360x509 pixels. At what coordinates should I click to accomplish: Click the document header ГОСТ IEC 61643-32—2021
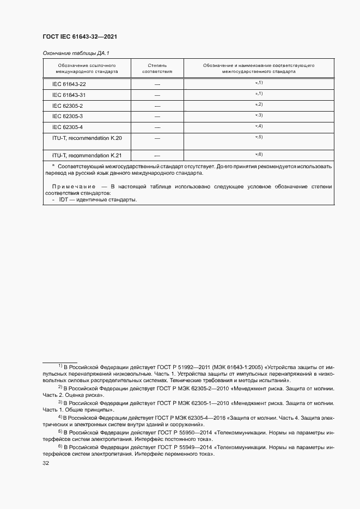pyautogui.click(x=80, y=36)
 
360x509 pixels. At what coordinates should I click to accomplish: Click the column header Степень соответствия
pyautogui.click(x=157, y=68)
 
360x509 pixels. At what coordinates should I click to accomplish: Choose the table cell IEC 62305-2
pyautogui.click(x=68, y=106)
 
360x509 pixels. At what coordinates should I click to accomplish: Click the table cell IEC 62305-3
pyautogui.click(x=68, y=116)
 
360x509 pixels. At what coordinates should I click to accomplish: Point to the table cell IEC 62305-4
pyautogui.click(x=68, y=127)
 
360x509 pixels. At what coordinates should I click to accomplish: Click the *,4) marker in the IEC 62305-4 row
pyautogui.click(x=259, y=126)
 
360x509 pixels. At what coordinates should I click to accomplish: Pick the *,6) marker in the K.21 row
pyautogui.click(x=259, y=155)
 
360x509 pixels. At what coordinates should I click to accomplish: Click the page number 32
pyautogui.click(x=46, y=463)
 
